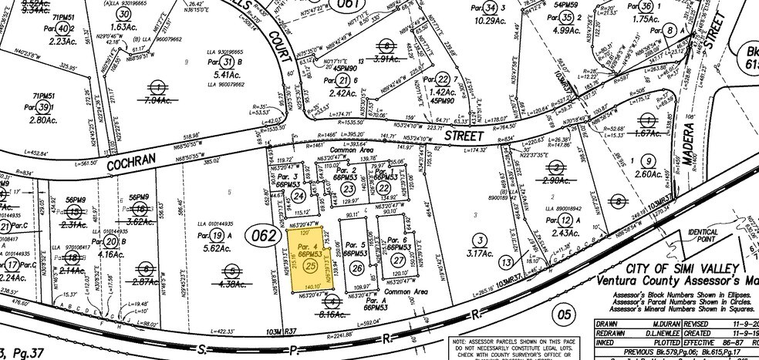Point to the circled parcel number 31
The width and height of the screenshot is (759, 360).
pyautogui.click(x=227, y=62)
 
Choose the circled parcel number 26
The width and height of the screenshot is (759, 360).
pyautogui.click(x=356, y=267)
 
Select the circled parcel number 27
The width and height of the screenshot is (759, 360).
pyautogui.click(x=398, y=262)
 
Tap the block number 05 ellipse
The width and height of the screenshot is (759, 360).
pyautogui.click(x=565, y=315)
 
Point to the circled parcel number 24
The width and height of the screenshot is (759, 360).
pyautogui.click(x=299, y=196)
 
